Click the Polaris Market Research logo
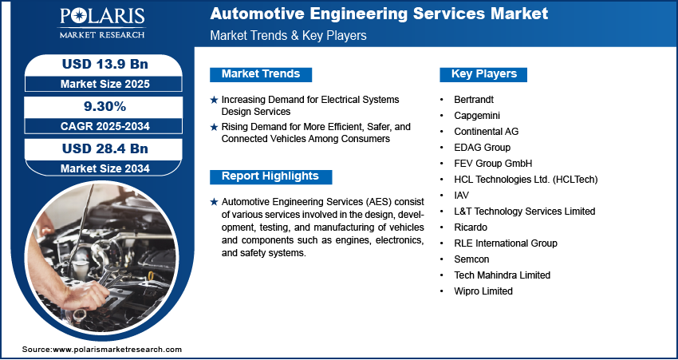(101, 24)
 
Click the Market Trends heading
(261, 74)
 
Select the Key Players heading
(484, 74)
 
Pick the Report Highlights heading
(270, 176)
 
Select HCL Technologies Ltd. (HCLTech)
(526, 180)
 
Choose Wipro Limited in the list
(483, 291)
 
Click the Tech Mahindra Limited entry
(503, 275)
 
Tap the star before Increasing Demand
(214, 100)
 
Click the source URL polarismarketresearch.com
(118, 350)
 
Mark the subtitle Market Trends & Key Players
(288, 36)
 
